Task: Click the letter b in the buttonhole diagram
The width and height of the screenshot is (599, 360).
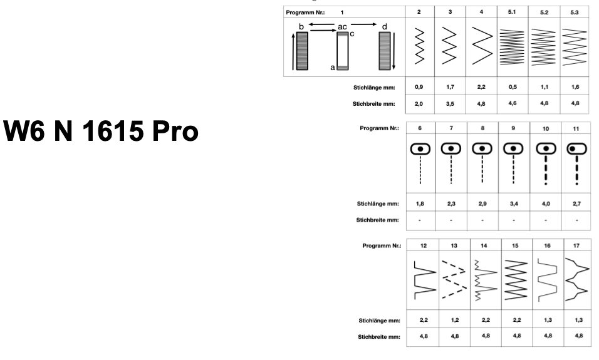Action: tap(301, 27)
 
